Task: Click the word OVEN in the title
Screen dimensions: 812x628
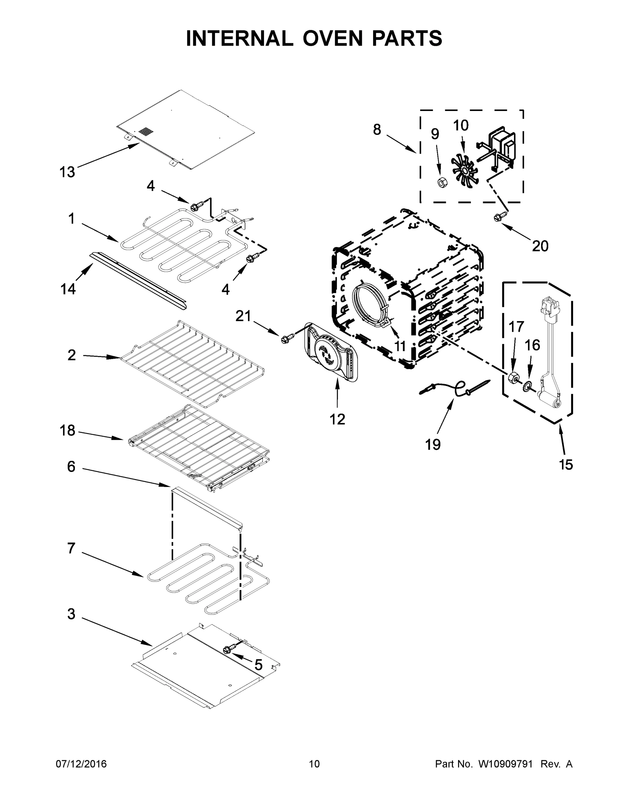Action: (332, 38)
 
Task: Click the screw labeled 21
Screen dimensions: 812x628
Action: (287, 338)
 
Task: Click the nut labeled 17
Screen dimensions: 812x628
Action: (513, 377)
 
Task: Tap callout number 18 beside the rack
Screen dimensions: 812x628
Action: (67, 431)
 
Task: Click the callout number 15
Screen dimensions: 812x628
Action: (566, 465)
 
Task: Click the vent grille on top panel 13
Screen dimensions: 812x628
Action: (146, 132)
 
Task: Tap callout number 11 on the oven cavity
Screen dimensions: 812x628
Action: (400, 346)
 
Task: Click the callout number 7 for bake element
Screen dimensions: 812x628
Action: (71, 548)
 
